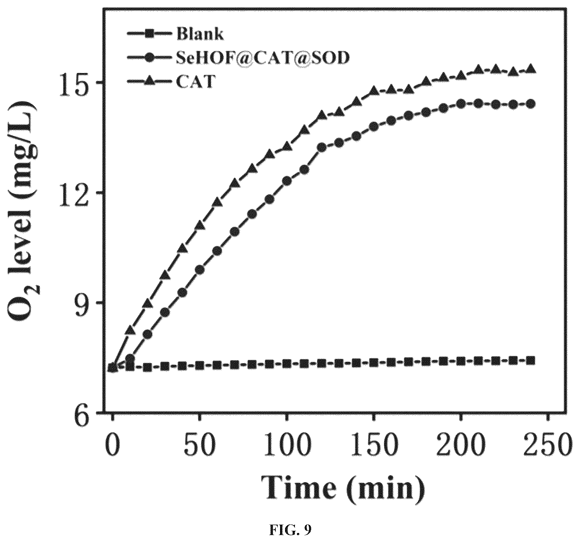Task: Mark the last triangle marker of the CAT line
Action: pos(530,68)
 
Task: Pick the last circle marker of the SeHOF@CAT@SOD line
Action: pos(530,104)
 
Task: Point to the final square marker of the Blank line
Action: pos(530,360)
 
